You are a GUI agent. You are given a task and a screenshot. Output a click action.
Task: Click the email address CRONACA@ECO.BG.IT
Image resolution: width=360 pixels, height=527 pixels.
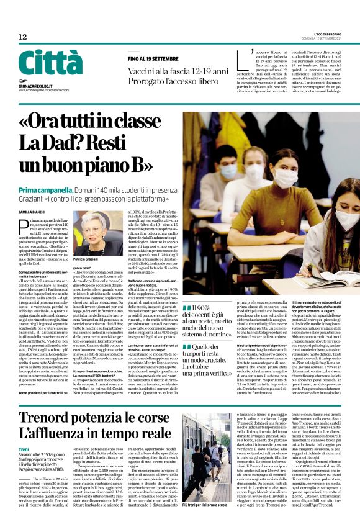[x=37, y=84]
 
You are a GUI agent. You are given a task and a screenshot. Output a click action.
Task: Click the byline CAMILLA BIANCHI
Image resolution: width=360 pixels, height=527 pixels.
[x=32, y=212]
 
